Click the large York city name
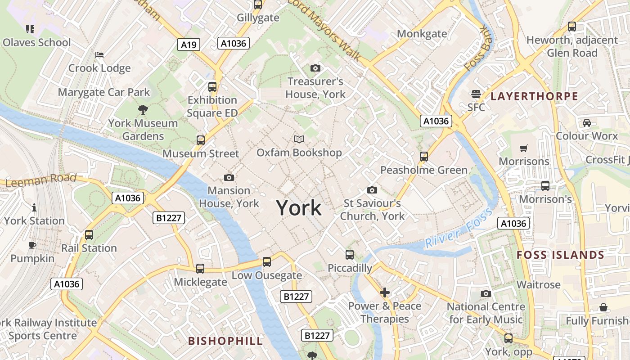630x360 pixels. (x=299, y=208)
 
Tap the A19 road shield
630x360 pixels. (x=189, y=45)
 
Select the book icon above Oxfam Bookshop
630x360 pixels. (x=299, y=139)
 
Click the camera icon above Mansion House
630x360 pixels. (x=229, y=177)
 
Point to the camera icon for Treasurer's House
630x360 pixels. (x=315, y=68)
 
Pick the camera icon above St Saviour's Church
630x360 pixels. (x=372, y=190)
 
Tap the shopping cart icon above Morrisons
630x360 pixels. (x=524, y=148)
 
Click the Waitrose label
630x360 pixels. (x=538, y=284)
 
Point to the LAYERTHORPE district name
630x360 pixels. (x=534, y=96)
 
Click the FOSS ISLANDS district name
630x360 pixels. (x=560, y=255)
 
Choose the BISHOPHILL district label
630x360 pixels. (x=225, y=341)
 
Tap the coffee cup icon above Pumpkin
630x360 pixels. (x=32, y=245)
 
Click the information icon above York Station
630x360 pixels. (x=34, y=207)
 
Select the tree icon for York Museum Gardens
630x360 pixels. (x=143, y=109)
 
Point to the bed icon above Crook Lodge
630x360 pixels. (x=99, y=55)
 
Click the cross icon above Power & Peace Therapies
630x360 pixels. (x=385, y=293)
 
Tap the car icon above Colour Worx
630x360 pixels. (x=587, y=122)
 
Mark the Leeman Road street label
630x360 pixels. (x=41, y=180)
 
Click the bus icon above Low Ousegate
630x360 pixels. (x=267, y=261)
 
